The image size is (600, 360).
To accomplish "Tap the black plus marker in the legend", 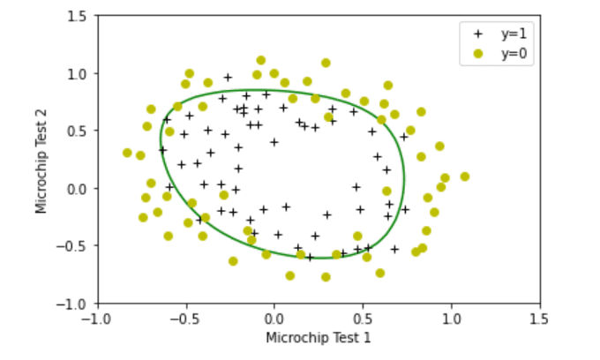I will [478, 34].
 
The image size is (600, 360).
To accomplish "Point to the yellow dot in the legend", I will [478, 53].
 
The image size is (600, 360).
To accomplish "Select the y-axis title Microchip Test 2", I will [41, 160].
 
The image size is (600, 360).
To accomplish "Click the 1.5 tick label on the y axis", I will [77, 16].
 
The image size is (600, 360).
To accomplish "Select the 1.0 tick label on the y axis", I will [77, 73].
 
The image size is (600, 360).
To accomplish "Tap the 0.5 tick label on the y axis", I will [77, 131].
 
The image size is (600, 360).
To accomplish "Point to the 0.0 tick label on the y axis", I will [77, 189].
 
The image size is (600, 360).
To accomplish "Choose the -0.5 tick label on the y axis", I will [74, 246].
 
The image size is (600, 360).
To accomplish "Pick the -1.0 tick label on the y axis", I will [74, 304].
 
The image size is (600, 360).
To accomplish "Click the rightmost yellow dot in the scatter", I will [465, 176].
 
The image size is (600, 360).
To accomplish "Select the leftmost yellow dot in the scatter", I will [127, 153].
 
